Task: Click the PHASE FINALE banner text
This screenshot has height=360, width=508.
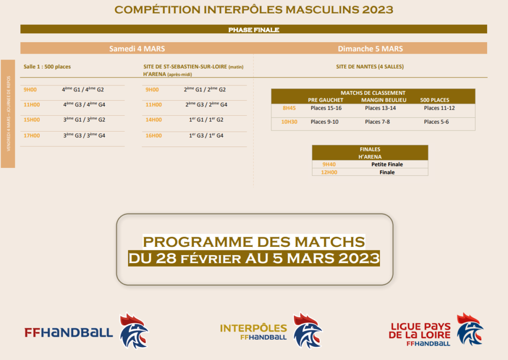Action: [x=254, y=30]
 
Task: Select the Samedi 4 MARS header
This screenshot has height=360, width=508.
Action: [x=137, y=49]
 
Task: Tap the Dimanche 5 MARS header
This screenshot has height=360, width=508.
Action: [x=370, y=49]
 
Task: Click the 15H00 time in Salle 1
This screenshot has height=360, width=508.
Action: [x=32, y=120]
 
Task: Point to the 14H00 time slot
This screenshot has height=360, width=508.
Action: [x=154, y=120]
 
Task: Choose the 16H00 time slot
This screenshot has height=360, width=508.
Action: [x=154, y=136]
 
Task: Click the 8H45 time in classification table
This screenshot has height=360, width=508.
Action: [x=289, y=108]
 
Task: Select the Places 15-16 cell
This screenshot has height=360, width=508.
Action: [x=326, y=108]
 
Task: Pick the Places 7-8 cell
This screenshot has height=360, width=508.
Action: [x=378, y=122]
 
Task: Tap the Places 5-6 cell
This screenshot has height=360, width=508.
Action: [x=437, y=122]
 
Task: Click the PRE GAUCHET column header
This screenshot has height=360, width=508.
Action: [x=325, y=100]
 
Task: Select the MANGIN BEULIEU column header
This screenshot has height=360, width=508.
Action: [x=384, y=100]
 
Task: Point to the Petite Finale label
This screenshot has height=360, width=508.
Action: [x=387, y=164]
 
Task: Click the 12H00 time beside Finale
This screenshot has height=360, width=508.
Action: [x=329, y=172]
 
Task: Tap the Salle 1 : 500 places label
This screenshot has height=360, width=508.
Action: [x=47, y=67]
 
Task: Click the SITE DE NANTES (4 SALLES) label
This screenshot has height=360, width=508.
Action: [x=370, y=67]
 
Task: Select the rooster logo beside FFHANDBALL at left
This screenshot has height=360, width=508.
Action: [x=134, y=331]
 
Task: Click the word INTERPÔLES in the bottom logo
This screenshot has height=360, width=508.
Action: [x=254, y=328]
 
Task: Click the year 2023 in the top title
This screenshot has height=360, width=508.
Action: [x=378, y=10]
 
